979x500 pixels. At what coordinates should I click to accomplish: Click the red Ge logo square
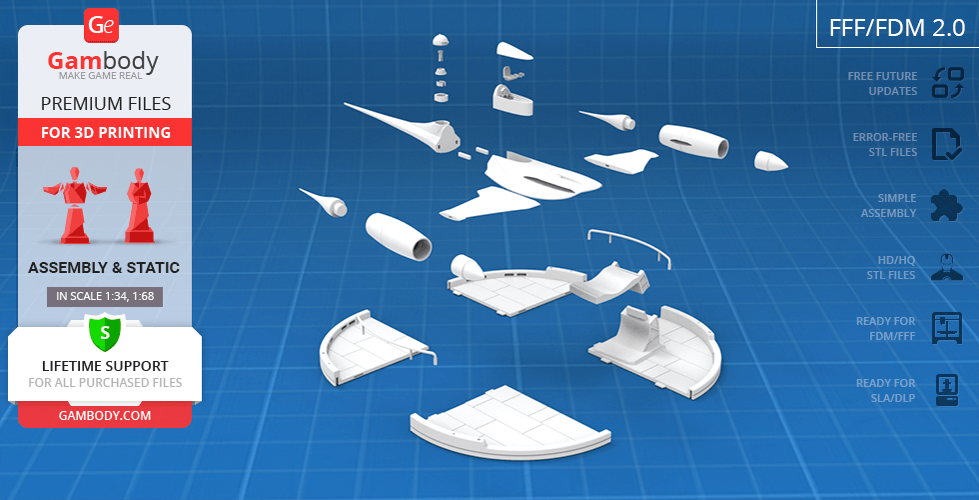tap(100, 26)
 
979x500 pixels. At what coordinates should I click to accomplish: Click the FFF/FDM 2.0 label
tap(897, 28)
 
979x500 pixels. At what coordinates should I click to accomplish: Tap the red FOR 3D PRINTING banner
tap(105, 132)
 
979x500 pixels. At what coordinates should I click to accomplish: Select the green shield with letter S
tap(105, 332)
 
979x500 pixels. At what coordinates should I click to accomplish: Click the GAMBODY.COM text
tap(105, 415)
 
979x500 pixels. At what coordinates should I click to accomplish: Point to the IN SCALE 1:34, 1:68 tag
tap(105, 296)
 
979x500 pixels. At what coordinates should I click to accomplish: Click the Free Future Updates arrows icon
tap(947, 83)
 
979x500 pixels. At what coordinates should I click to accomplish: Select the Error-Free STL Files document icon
tap(947, 144)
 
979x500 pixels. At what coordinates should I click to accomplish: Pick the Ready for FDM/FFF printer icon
tap(947, 328)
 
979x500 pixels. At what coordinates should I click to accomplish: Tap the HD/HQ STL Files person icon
tap(947, 267)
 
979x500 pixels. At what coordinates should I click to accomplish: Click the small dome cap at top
tap(441, 39)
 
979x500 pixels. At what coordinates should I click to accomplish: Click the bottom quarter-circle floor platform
tap(508, 423)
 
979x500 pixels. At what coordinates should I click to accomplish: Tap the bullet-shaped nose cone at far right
tap(770, 161)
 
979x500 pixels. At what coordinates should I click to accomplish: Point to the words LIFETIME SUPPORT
tap(105, 366)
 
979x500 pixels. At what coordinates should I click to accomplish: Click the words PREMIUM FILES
tap(106, 103)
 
